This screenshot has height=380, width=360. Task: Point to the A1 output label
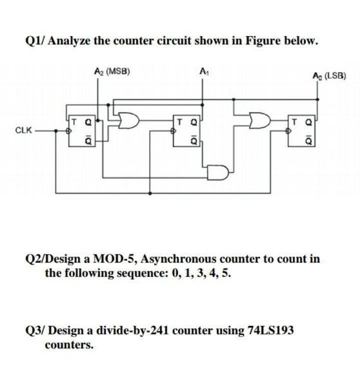click(202, 71)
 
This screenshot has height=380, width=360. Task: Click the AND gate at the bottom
click(218, 172)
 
